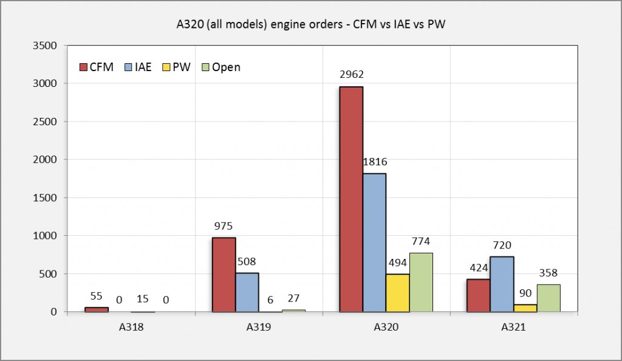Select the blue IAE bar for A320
[374, 242]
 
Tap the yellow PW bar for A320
[398, 293]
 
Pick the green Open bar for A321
[549, 298]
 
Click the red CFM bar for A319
[224, 275]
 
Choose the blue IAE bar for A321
[502, 284]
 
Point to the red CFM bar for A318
[97, 309]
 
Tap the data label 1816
[374, 162]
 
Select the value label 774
[421, 242]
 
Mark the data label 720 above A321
[502, 246]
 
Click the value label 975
[224, 226]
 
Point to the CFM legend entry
[96, 67]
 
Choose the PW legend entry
[175, 67]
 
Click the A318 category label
[131, 327]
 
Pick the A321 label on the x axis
[513, 327]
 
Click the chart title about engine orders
[310, 23]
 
